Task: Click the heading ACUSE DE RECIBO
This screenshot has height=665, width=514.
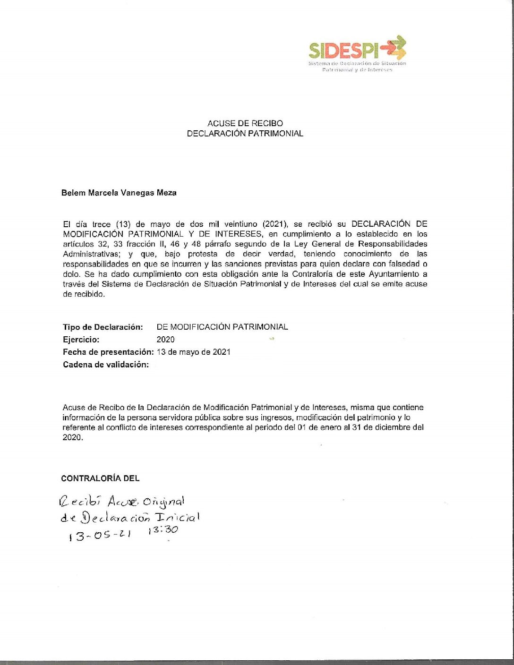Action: pos(245,123)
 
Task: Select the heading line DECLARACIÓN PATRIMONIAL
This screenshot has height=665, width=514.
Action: pos(245,134)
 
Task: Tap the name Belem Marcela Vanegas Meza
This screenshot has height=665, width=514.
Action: pos(119,193)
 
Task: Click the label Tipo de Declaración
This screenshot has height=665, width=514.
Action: pos(103,327)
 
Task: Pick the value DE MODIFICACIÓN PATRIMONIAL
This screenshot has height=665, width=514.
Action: pos(222,327)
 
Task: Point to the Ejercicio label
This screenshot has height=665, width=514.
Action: pos(81,340)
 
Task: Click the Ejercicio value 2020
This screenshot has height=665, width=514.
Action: pos(165,340)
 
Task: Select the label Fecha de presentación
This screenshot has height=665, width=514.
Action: pos(108,352)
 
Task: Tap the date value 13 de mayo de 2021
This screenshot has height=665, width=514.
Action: pos(194,352)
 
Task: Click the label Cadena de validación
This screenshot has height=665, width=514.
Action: pos(106,365)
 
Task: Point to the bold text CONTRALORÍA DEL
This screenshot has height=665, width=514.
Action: pos(100,478)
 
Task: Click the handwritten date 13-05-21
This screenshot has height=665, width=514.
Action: pos(99,536)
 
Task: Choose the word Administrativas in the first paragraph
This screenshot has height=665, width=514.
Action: pos(93,254)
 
